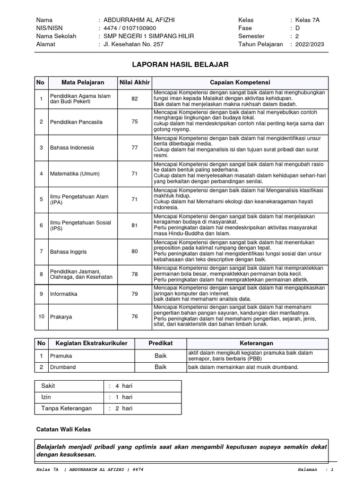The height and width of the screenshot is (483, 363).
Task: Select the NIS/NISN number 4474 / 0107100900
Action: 129,28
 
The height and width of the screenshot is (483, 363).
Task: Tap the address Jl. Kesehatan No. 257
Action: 134,44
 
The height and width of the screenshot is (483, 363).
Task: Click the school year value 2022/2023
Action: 310,44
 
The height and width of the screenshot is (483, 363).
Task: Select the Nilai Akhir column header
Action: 134,83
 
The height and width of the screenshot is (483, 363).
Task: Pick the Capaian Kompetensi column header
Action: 240,83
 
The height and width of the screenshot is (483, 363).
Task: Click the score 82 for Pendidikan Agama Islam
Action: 134,99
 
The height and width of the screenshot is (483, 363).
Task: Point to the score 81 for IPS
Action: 134,225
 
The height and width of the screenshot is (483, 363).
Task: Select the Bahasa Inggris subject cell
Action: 68,251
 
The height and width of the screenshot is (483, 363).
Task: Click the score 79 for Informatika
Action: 134,294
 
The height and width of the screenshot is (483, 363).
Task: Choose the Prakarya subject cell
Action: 61,316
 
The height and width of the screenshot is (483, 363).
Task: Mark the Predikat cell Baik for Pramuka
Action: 161,355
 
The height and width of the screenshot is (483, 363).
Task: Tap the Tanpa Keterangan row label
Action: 67,408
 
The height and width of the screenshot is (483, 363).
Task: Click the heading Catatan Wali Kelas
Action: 63,429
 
